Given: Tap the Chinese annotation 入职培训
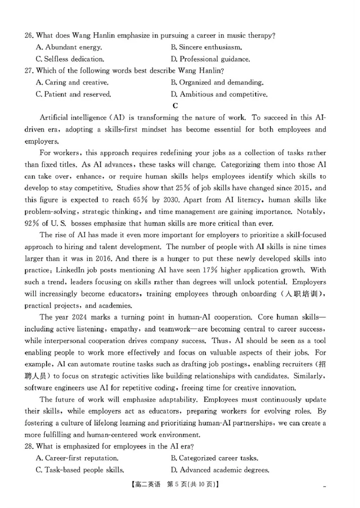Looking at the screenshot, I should click(x=303, y=294).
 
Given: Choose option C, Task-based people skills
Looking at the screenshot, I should click(x=80, y=470).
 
